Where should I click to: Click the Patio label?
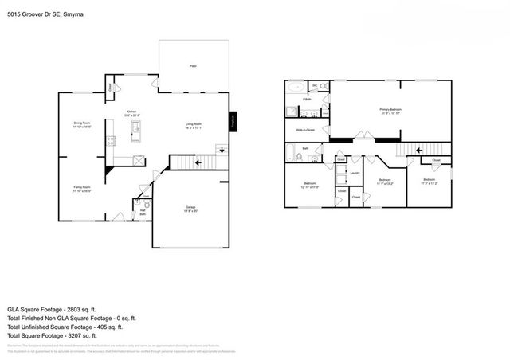tap(193, 65)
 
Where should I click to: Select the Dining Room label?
tap(81, 124)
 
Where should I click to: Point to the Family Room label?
tap(81, 189)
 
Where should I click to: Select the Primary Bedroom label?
tap(390, 111)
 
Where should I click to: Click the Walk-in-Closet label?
tap(305, 129)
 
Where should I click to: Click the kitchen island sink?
tap(137, 127)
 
